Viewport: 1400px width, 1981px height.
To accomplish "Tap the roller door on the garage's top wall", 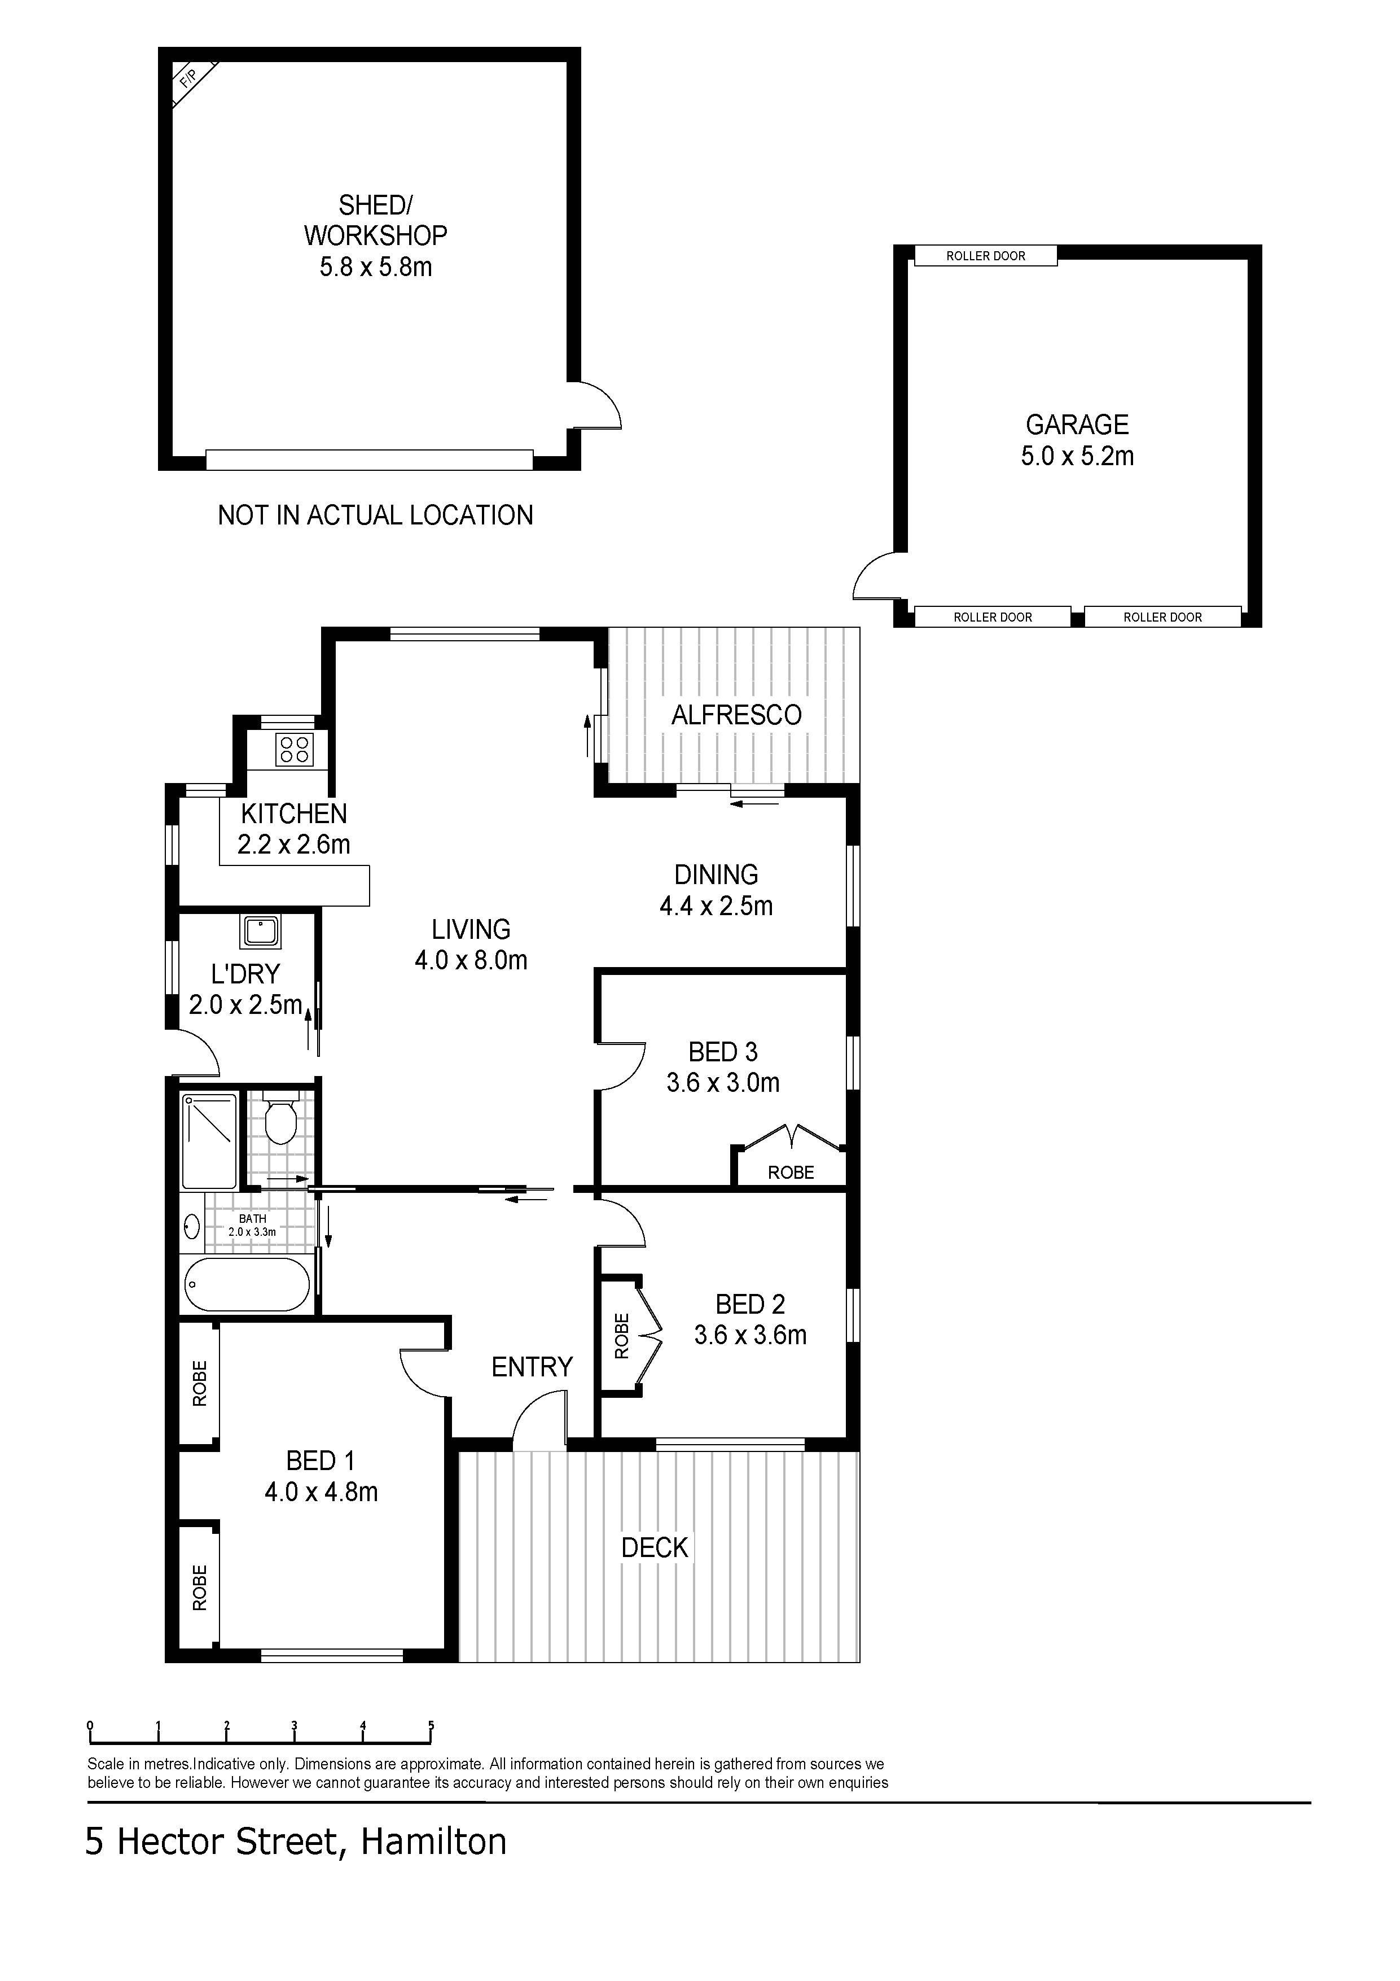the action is [985, 255].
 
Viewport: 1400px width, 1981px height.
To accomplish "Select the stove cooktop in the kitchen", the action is [294, 748].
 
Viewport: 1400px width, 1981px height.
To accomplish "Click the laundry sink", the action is [260, 931].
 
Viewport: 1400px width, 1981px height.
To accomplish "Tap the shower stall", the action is [209, 1142].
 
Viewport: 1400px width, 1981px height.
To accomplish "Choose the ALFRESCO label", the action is [736, 714].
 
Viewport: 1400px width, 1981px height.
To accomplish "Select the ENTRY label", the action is [532, 1367].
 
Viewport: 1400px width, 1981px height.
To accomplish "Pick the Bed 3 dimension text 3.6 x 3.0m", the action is [723, 1083].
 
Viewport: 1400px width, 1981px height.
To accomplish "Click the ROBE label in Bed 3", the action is [791, 1171].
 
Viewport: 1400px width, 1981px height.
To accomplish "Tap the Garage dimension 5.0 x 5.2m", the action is [1077, 456].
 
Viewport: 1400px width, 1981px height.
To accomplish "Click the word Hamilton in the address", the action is [433, 1842].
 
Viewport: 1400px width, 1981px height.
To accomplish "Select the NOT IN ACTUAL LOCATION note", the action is [375, 515].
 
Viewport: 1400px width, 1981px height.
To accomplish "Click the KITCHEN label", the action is [294, 814].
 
